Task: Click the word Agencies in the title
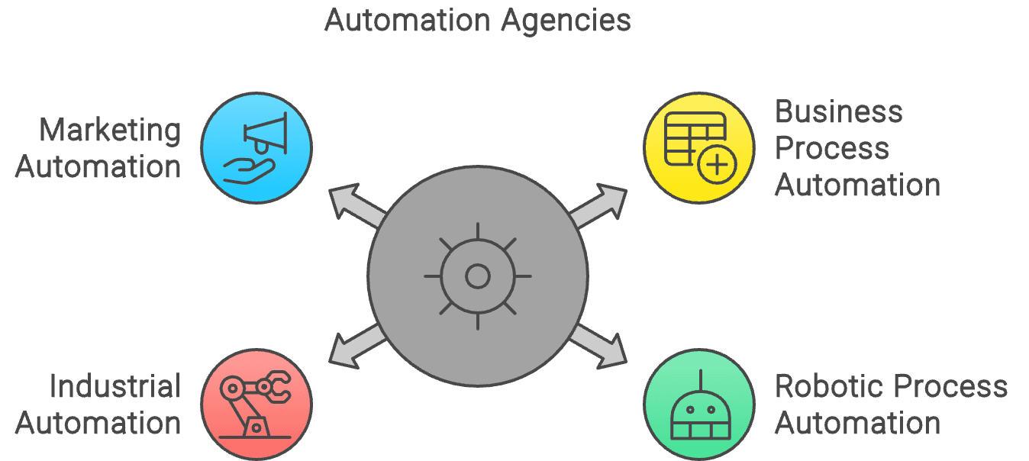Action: point(566,20)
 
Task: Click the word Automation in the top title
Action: point(409,20)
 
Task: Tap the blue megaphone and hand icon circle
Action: point(256,148)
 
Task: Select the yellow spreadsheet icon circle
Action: point(698,148)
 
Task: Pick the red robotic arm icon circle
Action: point(256,405)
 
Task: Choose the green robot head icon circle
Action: point(698,405)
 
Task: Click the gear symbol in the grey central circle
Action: point(478,276)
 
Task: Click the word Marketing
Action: point(110,131)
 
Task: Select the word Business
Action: point(838,112)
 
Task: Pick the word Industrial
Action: point(115,386)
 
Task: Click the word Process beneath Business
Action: point(831,149)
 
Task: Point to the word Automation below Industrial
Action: point(98,423)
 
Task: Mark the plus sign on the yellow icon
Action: point(717,165)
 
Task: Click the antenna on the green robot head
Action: point(698,379)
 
